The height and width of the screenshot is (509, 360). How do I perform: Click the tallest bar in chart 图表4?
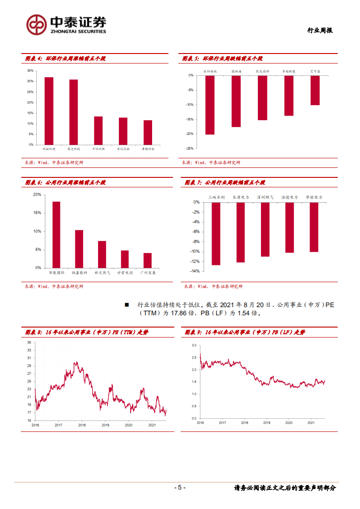tap(49, 111)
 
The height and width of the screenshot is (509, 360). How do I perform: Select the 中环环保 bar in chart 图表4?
tap(98, 131)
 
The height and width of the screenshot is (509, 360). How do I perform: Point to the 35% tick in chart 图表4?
tap(30, 71)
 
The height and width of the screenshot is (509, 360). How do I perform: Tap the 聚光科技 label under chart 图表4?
tap(74, 149)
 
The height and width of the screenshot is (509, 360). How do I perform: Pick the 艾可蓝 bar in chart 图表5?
tap(315, 90)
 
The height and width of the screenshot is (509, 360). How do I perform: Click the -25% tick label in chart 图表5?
tap(190, 148)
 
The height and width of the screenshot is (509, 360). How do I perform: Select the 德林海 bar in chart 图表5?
tap(236, 101)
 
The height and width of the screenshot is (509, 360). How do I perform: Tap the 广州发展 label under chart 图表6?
tap(148, 273)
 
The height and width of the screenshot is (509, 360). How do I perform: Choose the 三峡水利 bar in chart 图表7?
tap(216, 234)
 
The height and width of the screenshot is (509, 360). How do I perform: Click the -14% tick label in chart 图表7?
tap(196, 271)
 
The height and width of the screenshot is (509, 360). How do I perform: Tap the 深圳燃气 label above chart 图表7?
tap(265, 197)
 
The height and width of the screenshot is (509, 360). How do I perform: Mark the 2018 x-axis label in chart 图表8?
tap(82, 425)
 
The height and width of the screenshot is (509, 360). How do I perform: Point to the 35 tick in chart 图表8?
tap(29, 343)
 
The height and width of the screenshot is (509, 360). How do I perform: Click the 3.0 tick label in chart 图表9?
tap(193, 345)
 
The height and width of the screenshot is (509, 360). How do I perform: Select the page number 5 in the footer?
tap(180, 488)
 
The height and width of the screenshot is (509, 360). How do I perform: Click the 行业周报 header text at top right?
tap(320, 30)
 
